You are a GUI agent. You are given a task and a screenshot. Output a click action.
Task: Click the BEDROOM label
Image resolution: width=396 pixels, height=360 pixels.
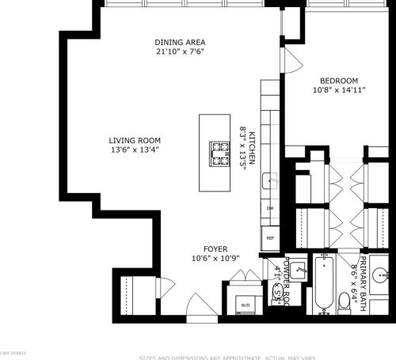(x=339, y=81)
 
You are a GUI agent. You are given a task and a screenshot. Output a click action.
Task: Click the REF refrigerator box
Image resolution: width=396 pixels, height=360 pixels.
(x=269, y=237)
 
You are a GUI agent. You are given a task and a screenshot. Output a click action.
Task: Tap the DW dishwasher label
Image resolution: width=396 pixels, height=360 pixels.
(x=269, y=208)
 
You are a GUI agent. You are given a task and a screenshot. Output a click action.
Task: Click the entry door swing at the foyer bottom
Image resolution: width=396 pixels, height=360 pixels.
(x=196, y=303)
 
